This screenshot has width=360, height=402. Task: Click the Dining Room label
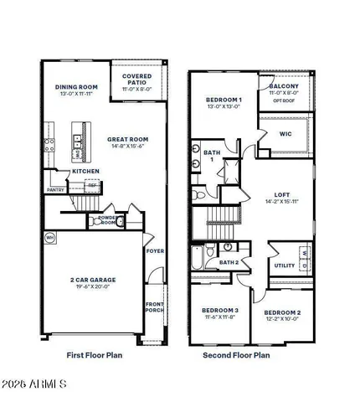pos(77,87)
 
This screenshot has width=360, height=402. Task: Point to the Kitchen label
pos(85,171)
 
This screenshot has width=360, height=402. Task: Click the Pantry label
pos(56,189)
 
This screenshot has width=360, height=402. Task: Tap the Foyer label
pos(155,250)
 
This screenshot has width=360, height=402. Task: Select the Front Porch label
pos(155,307)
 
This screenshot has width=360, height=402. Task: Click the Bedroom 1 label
pos(224,100)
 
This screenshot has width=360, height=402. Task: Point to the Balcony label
pos(284,86)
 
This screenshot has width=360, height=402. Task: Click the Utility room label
pos(284,265)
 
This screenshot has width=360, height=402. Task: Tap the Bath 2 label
pos(229,262)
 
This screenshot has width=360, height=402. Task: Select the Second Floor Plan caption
pos(236,355)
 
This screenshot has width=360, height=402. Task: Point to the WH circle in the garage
pos(49,237)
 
